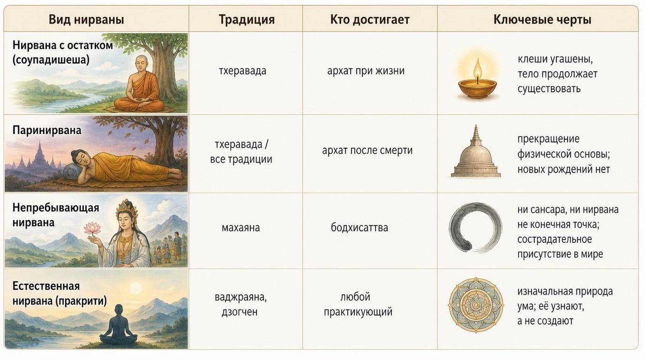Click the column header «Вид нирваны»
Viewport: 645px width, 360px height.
click(86, 19)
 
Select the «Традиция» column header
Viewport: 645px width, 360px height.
click(247, 20)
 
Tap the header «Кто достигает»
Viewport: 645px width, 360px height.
click(370, 19)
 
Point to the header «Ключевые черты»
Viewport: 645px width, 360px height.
click(542, 19)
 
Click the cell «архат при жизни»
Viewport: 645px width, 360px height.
click(366, 71)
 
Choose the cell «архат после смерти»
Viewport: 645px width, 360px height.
click(367, 150)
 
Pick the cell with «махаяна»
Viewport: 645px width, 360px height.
click(241, 228)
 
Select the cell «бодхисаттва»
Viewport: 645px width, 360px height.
click(360, 228)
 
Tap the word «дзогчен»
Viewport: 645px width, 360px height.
click(240, 312)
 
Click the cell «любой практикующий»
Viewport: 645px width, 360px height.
click(358, 304)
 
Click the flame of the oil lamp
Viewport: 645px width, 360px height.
click(478, 71)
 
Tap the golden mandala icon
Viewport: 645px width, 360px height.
click(476, 305)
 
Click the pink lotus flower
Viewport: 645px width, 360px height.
click(92, 228)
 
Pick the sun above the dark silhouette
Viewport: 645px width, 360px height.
click(135, 288)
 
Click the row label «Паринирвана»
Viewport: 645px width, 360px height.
click(47, 131)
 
